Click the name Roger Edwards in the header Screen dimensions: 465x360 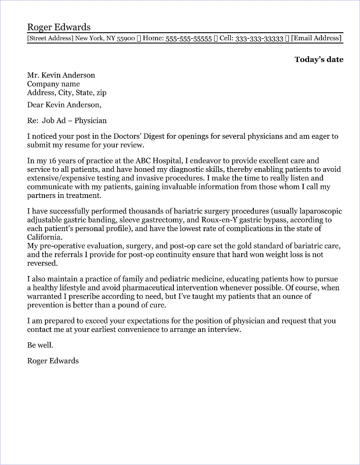(x=59, y=27)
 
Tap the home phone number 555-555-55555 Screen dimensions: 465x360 (x=189, y=39)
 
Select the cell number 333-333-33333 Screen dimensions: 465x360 (x=259, y=39)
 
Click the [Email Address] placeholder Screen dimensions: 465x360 (x=316, y=38)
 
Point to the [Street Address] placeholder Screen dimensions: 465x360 (x=50, y=38)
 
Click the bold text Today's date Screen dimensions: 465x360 (x=319, y=59)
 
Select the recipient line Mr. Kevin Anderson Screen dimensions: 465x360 (x=61, y=75)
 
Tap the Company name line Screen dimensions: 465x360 (x=53, y=84)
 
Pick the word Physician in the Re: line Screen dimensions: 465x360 (x=90, y=121)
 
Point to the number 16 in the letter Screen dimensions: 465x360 (x=53, y=161)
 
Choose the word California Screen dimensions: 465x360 (x=44, y=238)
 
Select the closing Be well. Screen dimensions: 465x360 (x=40, y=345)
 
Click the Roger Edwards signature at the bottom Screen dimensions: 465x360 (x=53, y=361)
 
